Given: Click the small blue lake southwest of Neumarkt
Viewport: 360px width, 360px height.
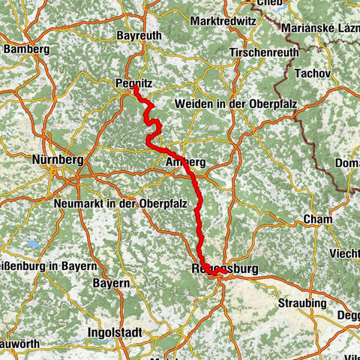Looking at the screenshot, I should (x=32, y=244).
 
